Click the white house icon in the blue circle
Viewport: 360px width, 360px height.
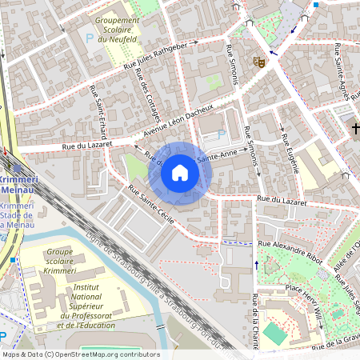click(x=180, y=172)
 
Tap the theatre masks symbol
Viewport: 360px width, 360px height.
click(x=258, y=61)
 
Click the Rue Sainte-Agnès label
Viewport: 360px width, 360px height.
click(x=343, y=73)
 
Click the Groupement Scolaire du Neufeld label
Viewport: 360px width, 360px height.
click(x=118, y=30)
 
